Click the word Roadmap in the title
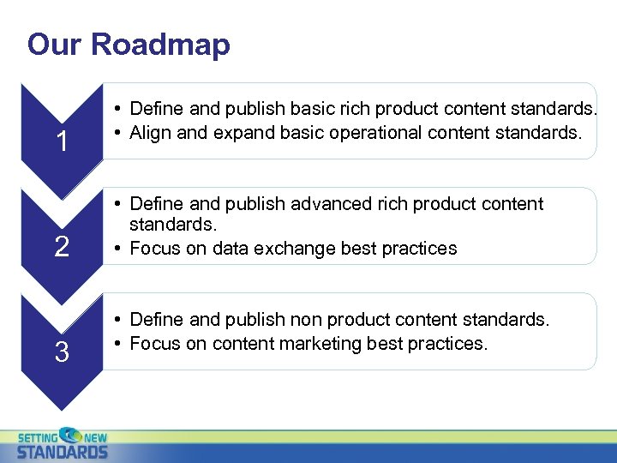pos(160,44)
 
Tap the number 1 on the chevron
pos(62,141)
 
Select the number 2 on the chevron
pos(62,248)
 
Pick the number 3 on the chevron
pos(62,352)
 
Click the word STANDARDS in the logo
pos(63,451)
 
